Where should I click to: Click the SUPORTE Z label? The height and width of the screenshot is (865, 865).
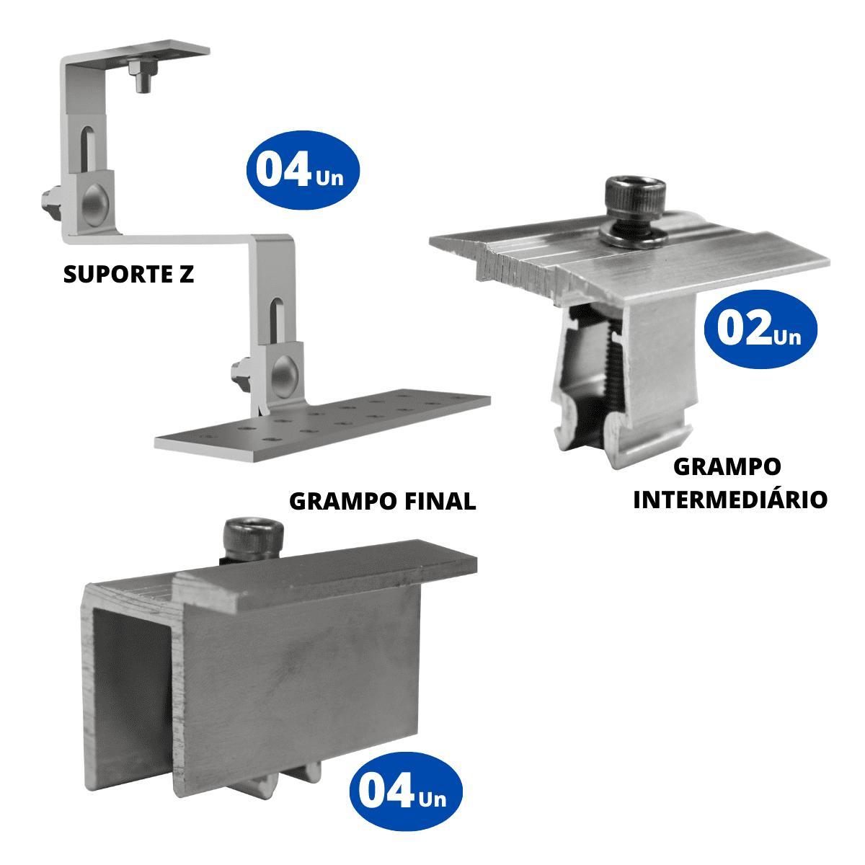(x=129, y=274)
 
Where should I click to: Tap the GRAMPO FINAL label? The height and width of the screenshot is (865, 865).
(x=383, y=502)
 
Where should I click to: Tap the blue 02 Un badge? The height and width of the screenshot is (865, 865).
(x=760, y=329)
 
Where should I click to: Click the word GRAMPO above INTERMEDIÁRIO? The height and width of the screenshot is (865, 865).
(x=727, y=467)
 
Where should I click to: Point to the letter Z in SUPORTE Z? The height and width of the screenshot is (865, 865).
(x=186, y=274)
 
